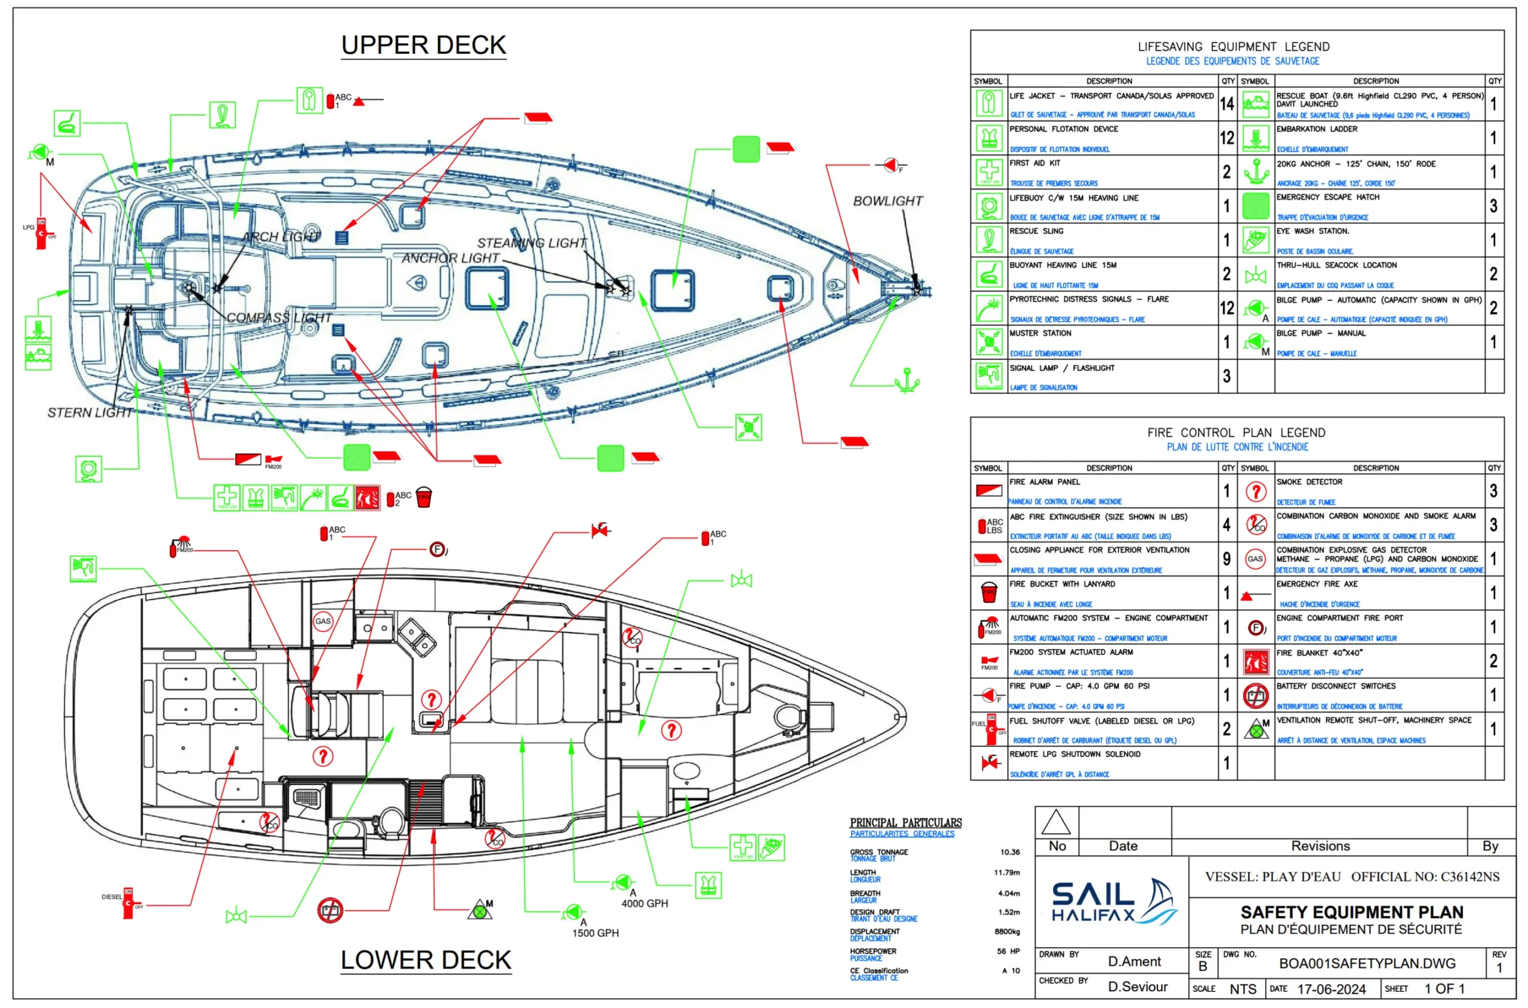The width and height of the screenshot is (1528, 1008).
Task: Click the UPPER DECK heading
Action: (x=423, y=45)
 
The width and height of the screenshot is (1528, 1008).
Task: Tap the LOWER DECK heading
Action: (x=426, y=960)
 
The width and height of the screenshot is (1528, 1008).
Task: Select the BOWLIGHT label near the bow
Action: (x=888, y=201)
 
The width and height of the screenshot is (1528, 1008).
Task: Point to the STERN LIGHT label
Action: (x=90, y=413)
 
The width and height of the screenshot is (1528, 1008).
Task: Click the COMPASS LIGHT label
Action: (x=279, y=318)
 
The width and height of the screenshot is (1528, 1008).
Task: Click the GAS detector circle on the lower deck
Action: (x=322, y=621)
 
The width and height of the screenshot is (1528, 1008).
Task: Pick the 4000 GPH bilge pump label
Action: (x=645, y=903)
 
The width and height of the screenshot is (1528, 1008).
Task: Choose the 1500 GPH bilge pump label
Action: (x=596, y=933)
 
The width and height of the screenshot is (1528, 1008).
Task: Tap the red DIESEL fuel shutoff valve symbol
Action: (x=128, y=903)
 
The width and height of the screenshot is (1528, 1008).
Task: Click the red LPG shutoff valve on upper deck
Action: (x=42, y=233)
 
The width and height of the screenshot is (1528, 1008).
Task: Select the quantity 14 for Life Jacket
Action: (x=1227, y=103)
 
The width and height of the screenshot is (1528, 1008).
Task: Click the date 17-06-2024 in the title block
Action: (x=1331, y=989)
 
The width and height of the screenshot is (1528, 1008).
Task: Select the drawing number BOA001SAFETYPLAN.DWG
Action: (x=1367, y=963)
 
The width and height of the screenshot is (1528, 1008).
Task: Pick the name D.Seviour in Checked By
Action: (x=1137, y=987)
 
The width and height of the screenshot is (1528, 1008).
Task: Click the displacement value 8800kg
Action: (x=1007, y=932)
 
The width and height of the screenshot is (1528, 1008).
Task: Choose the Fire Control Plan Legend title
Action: (x=1236, y=433)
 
